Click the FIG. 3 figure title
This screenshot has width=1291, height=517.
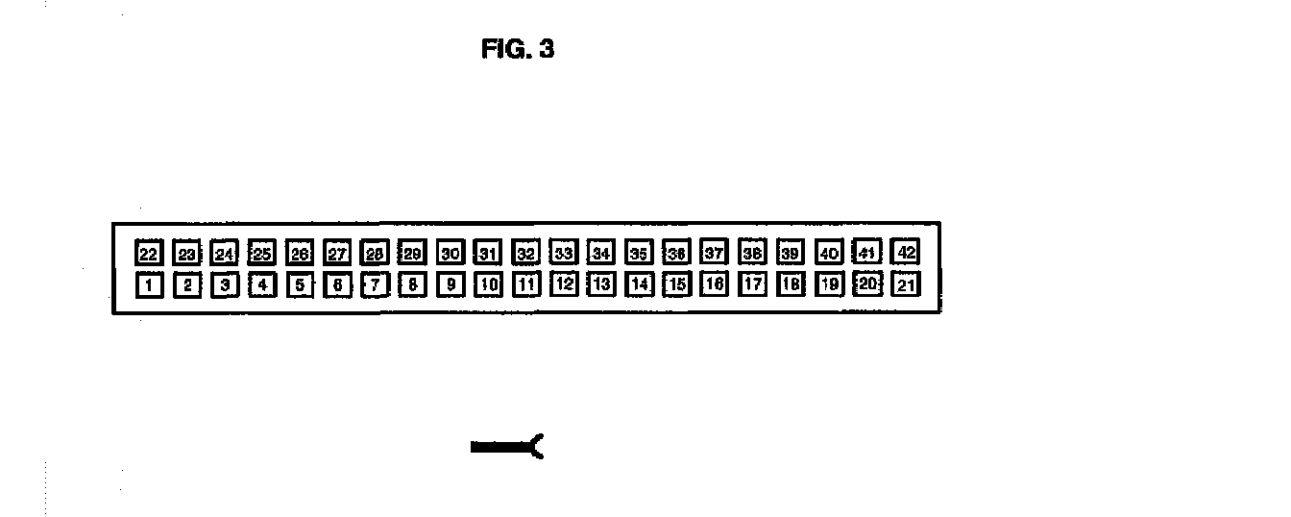pyautogui.click(x=518, y=50)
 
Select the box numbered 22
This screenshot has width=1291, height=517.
pyautogui.click(x=148, y=254)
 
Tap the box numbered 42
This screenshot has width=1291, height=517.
pyautogui.click(x=905, y=252)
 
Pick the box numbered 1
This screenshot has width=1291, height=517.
pyautogui.click(x=148, y=285)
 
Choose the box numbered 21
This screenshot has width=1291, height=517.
pyautogui.click(x=905, y=284)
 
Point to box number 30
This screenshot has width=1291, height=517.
pyautogui.click(x=451, y=254)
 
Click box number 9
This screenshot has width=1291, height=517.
pyautogui.click(x=451, y=284)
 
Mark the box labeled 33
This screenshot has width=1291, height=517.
pyautogui.click(x=564, y=253)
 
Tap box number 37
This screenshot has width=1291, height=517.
pyautogui.click(x=714, y=253)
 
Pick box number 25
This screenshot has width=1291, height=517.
pyautogui.click(x=261, y=254)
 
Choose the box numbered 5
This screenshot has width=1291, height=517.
pyautogui.click(x=300, y=284)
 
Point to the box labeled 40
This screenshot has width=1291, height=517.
pyautogui.click(x=828, y=253)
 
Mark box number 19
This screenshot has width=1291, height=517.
pyautogui.click(x=828, y=284)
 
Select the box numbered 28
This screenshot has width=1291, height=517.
pyautogui.click(x=375, y=254)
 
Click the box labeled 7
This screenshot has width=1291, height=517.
pyautogui.click(x=375, y=284)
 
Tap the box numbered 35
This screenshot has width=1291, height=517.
pyautogui.click(x=639, y=253)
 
